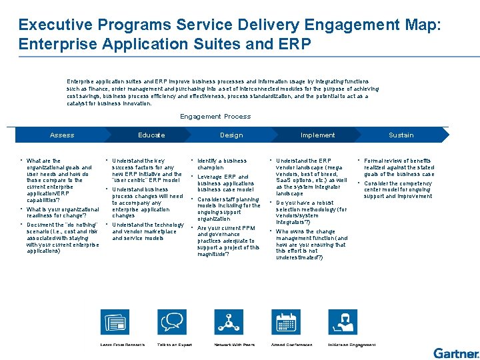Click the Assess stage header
62,135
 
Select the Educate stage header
151,135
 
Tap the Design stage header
231,135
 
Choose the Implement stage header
317,135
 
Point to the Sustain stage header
401,135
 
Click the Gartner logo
456,353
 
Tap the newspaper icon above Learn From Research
114,323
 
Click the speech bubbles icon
171,323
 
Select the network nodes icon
229,323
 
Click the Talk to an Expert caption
174,345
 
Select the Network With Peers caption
234,345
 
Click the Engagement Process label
215,117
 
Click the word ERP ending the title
295,45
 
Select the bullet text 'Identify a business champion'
221,164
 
